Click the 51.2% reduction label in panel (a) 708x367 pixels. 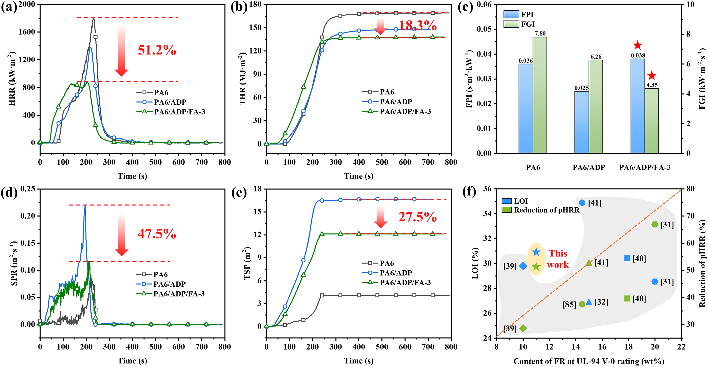coord(157,50)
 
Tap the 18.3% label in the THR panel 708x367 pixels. coord(418,26)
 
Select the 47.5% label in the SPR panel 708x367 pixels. coord(157,234)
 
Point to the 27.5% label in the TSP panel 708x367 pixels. coord(418,217)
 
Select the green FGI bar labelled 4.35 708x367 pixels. coord(652,121)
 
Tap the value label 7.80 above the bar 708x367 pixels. coord(540,33)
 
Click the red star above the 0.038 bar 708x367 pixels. coord(637,45)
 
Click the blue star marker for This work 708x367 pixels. coord(536,252)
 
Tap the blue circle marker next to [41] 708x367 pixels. coord(582,203)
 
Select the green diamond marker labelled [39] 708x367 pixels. coord(523,328)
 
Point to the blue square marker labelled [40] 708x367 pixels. coord(627,258)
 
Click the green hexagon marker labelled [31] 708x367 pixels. coord(655,224)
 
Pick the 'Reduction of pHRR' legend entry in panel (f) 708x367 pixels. coord(540,210)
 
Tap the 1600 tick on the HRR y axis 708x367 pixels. coord(27,32)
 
